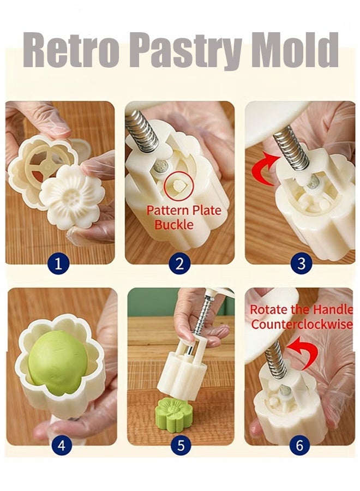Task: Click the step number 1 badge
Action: pos(58,264)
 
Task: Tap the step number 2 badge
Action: pos(179,264)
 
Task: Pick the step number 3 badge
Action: pos(301,264)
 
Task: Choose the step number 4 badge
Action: pos(61,445)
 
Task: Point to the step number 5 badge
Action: pos(181,445)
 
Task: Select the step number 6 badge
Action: pos(299,445)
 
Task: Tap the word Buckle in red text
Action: pos(174,225)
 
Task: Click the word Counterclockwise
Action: pos(302,325)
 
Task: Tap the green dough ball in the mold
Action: pos(58,359)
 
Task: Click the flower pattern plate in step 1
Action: pos(71,196)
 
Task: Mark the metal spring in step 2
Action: pos(142,130)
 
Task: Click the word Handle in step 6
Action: pos(333,309)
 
